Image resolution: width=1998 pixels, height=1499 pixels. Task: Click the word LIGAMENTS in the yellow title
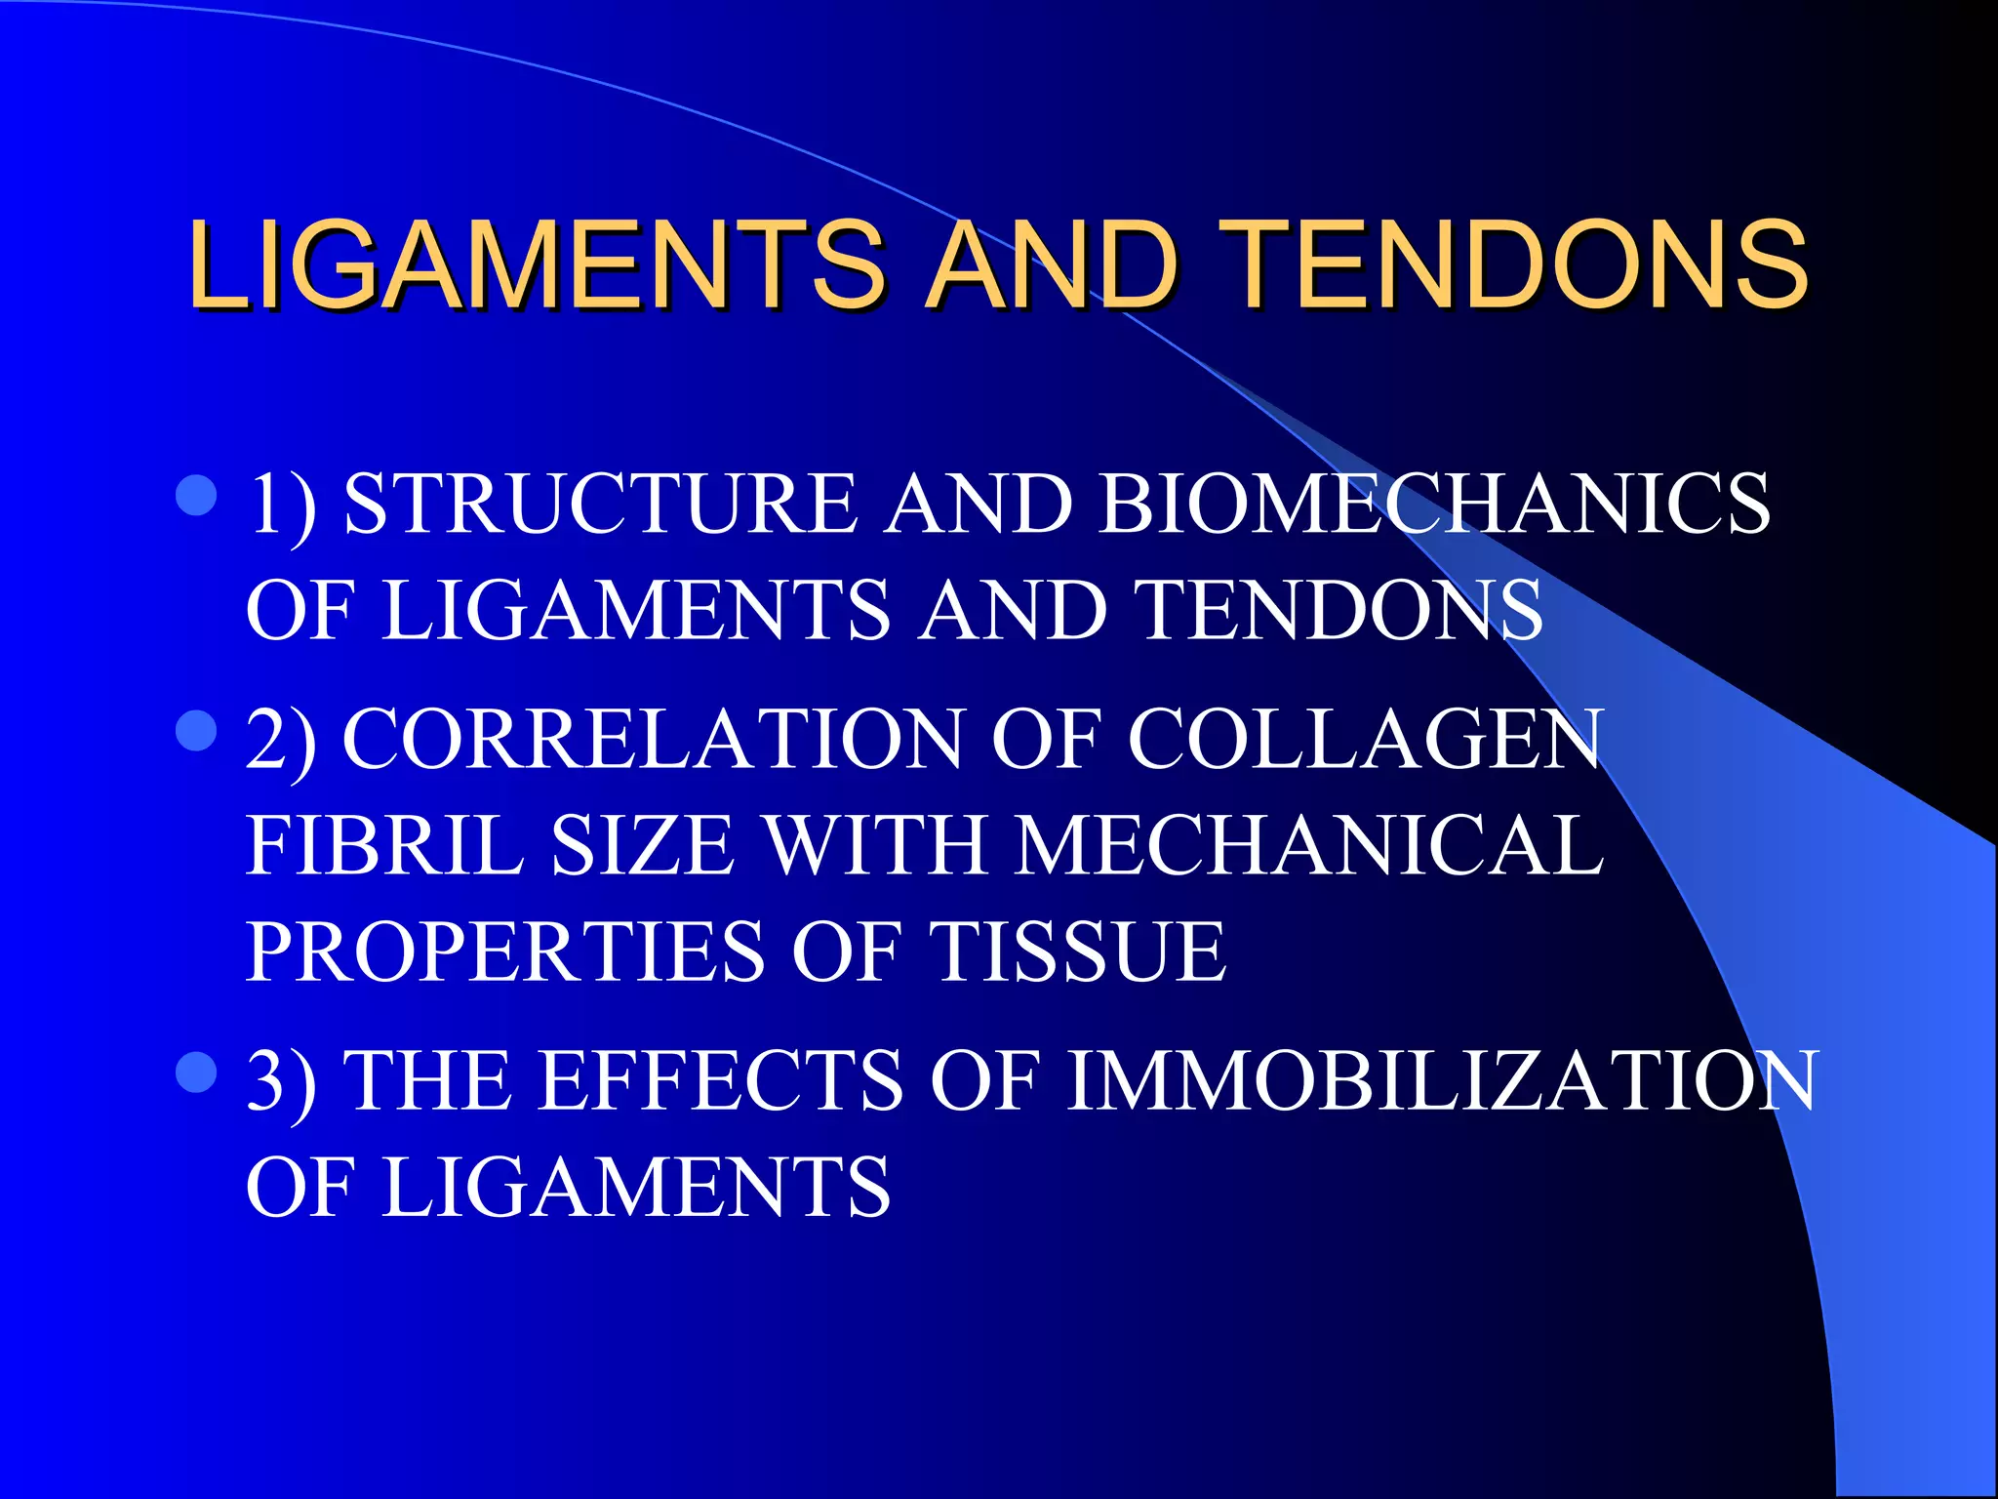coord(537,263)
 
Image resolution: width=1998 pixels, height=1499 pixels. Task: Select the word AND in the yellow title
coord(1052,263)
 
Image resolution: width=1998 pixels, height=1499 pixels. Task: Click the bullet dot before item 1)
coord(196,496)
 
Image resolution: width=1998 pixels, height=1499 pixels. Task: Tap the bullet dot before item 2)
coord(196,730)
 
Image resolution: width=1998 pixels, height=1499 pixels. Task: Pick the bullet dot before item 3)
coord(196,1072)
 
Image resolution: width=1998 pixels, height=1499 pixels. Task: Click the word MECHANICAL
coord(1308,845)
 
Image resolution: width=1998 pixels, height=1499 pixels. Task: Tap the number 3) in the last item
coord(281,1080)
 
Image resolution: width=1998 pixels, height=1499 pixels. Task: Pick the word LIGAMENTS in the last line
coord(635,1187)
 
